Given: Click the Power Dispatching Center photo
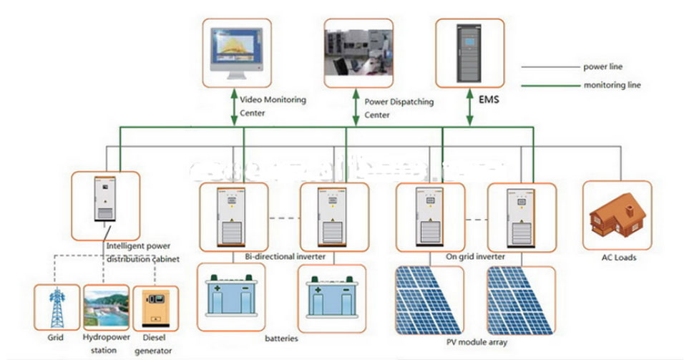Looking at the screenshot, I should (x=356, y=51).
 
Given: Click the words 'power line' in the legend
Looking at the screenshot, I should (x=603, y=67).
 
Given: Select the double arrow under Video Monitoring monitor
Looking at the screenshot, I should (x=233, y=107).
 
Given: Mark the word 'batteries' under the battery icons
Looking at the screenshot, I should (x=280, y=338).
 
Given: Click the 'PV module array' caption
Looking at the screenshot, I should (x=477, y=343).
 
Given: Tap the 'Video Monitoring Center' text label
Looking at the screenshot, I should (x=273, y=106).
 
